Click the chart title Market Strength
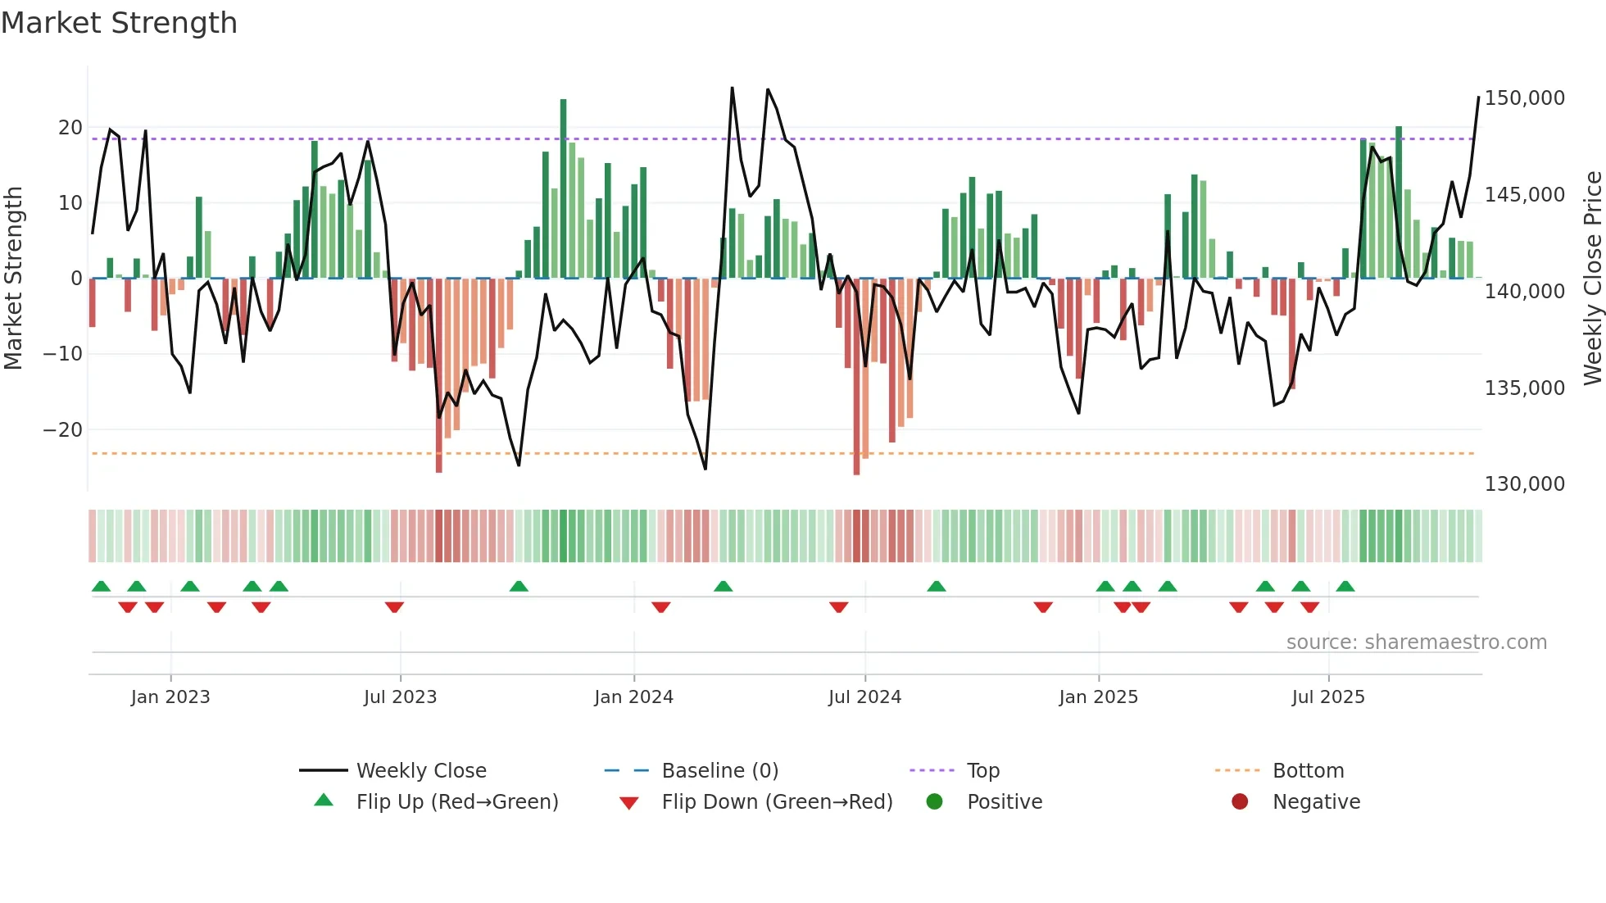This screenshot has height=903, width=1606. pyautogui.click(x=119, y=23)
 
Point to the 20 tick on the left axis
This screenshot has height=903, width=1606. pyautogui.click(x=70, y=128)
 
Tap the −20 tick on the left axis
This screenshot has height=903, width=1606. pyautogui.click(x=63, y=430)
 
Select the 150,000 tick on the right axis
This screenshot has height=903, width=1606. pyautogui.click(x=1524, y=98)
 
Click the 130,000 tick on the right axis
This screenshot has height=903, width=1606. pyautogui.click(x=1524, y=484)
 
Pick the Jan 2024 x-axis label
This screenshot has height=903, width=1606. pyautogui.click(x=633, y=697)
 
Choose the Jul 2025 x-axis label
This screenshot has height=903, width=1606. pyautogui.click(x=1328, y=697)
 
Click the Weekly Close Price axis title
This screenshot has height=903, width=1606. pyautogui.click(x=1592, y=279)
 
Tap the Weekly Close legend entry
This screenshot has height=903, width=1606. pyautogui.click(x=421, y=771)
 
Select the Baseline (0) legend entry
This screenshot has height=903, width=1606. pyautogui.click(x=719, y=771)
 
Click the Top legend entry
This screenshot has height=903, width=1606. pyautogui.click(x=982, y=771)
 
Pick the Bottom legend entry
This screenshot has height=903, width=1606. pyautogui.click(x=1308, y=771)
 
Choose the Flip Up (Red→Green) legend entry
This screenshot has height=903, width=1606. pyautogui.click(x=456, y=802)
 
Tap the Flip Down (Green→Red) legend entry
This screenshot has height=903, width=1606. pyautogui.click(x=777, y=802)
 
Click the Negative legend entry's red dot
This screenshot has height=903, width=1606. pyautogui.click(x=1240, y=801)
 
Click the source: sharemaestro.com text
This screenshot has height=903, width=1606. pyautogui.click(x=1416, y=642)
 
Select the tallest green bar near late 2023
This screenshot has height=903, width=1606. pyautogui.click(x=563, y=188)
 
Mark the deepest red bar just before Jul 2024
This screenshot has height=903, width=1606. pyautogui.click(x=856, y=377)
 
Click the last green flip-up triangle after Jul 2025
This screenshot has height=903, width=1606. pyautogui.click(x=1345, y=586)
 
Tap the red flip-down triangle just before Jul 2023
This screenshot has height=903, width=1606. pyautogui.click(x=394, y=607)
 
